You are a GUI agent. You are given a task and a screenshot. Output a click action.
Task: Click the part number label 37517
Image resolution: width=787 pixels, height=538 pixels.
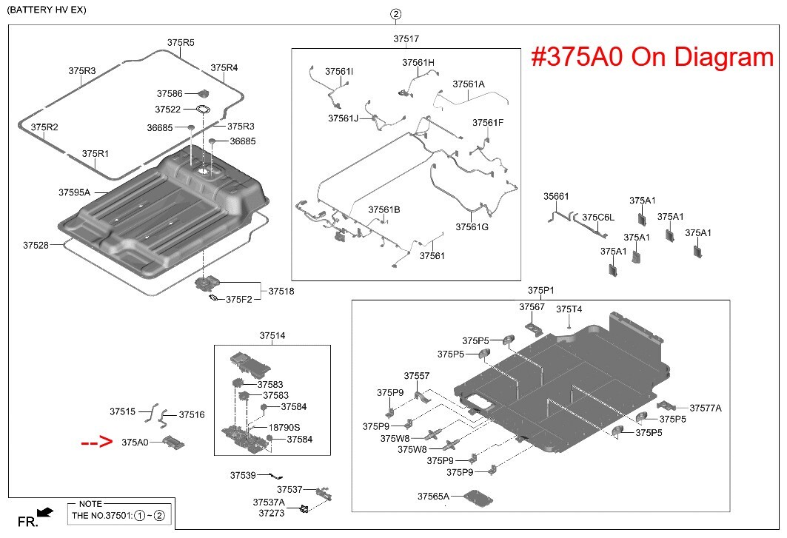pyautogui.click(x=406, y=38)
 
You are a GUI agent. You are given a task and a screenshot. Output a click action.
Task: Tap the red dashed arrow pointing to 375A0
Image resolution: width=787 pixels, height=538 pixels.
pyautogui.click(x=96, y=443)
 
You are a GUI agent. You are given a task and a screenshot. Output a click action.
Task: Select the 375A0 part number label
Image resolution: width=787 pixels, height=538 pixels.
pyautogui.click(x=135, y=443)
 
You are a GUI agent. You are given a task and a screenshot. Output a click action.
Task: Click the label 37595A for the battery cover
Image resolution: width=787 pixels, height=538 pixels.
pyautogui.click(x=74, y=192)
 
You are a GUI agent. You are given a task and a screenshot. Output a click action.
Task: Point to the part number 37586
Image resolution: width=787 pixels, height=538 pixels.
pyautogui.click(x=170, y=94)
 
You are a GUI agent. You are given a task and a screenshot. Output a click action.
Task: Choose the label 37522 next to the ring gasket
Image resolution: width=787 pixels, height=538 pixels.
pyautogui.click(x=168, y=110)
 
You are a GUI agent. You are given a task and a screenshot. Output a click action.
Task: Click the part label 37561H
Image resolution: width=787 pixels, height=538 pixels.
pyautogui.click(x=418, y=63)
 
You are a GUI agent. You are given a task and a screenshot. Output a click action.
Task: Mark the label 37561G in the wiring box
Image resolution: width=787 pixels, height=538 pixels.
pyautogui.click(x=472, y=227)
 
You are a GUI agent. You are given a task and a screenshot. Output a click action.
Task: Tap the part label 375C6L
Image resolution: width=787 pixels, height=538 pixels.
pyautogui.click(x=598, y=218)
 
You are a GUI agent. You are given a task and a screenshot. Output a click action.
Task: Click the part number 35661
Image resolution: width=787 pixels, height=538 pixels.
pyautogui.click(x=556, y=197)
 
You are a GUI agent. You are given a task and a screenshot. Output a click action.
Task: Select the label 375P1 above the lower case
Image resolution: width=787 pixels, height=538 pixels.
pyautogui.click(x=540, y=289)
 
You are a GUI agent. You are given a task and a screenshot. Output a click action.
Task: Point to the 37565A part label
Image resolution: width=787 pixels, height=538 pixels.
pyautogui.click(x=433, y=496)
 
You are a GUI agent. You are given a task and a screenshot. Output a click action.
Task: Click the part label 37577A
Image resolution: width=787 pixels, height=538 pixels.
pyautogui.click(x=706, y=408)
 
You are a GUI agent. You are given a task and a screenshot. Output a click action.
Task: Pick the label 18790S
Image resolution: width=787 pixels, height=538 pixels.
pyautogui.click(x=284, y=428)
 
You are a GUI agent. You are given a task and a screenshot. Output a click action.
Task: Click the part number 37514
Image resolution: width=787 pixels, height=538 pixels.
pyautogui.click(x=272, y=335)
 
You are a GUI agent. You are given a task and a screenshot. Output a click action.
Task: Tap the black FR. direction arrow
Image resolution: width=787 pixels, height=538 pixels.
pyautogui.click(x=44, y=512)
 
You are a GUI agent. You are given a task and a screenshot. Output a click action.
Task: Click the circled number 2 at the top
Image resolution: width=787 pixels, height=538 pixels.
pyautogui.click(x=396, y=14)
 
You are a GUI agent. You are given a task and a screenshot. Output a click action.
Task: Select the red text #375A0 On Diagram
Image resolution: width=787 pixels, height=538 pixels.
pyautogui.click(x=652, y=57)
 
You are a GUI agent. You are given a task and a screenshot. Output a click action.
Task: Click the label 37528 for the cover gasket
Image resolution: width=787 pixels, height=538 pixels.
pyautogui.click(x=36, y=244)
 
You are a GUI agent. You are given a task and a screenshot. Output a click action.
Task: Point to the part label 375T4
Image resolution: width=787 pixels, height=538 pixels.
pyautogui.click(x=569, y=309)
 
